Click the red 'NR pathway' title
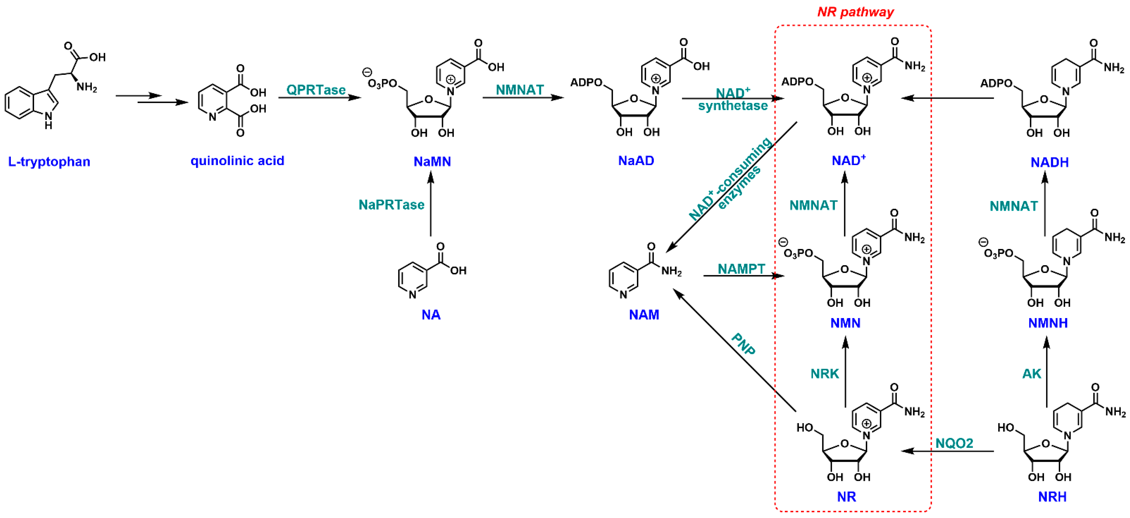855,12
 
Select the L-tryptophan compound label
49,162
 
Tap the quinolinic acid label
237,161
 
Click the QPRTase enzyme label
316,90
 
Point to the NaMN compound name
432,162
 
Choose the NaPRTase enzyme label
391,205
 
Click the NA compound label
431,315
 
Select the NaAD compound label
636,161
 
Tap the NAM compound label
644,315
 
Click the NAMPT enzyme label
741,269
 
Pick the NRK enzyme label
825,374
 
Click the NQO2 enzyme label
954,443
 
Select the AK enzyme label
1032,374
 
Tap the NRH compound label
1052,497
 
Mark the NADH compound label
1049,163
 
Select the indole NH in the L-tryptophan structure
48,120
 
